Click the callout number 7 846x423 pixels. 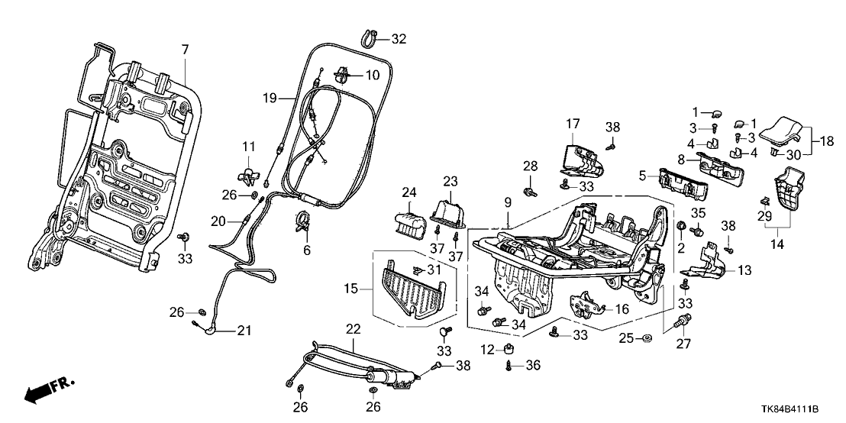point(184,50)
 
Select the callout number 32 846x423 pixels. point(399,38)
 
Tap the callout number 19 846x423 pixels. point(268,98)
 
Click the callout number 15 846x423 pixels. point(350,289)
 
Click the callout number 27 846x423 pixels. point(683,344)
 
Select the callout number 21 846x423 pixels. point(244,331)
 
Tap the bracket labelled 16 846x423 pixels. point(587,306)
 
